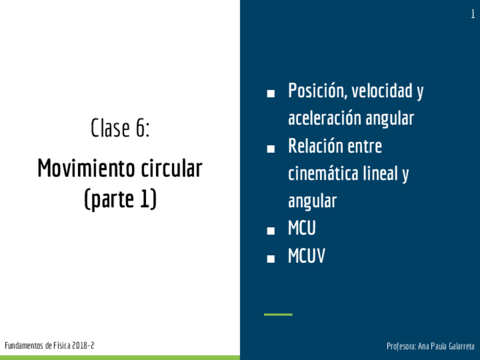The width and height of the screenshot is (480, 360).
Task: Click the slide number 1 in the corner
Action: coord(473,14)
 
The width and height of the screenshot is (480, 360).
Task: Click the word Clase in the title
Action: coord(110,128)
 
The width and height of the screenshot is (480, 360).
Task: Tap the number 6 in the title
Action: coord(140,128)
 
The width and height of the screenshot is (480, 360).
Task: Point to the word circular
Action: coord(172,168)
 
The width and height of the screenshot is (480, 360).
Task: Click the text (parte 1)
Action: coord(121,199)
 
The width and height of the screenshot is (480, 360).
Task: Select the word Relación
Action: coord(316,145)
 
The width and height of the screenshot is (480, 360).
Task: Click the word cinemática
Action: coord(323,173)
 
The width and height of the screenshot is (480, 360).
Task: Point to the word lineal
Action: coord(380,173)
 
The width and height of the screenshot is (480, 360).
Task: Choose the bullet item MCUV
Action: coord(306,256)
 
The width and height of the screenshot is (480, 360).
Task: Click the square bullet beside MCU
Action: coord(271,231)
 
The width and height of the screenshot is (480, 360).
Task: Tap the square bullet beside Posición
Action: coord(271,93)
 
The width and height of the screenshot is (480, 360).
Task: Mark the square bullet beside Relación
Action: coord(271,149)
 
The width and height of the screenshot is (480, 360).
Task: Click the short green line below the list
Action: coord(278,314)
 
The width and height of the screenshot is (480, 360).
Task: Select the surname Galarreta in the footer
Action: coord(461,346)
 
